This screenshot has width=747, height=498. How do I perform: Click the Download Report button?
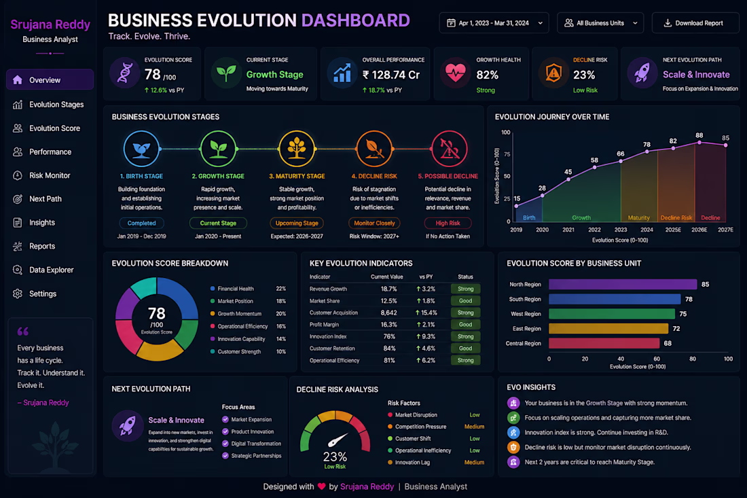695,23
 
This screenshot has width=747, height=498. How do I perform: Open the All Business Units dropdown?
600,23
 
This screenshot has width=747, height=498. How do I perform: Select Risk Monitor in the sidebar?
50,175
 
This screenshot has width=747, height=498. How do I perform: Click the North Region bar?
623,285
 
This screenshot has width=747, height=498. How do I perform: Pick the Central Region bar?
604,343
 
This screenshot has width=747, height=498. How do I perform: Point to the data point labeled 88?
699,143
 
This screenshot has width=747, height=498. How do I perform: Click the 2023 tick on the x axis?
620,230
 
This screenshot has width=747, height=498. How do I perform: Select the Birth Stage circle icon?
141,149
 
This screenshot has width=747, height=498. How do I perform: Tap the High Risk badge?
448,223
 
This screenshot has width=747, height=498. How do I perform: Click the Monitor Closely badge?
374,223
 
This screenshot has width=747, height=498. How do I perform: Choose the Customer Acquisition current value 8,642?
388,313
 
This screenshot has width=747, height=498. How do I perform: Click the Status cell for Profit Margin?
465,325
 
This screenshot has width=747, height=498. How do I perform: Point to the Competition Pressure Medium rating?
474,427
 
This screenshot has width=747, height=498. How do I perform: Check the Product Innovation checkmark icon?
225,431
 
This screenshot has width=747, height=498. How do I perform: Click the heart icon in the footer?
322,486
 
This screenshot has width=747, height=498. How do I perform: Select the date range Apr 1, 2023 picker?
494,23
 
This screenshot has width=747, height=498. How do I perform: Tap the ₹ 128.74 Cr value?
391,75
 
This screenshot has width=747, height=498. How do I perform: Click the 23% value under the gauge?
335,457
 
